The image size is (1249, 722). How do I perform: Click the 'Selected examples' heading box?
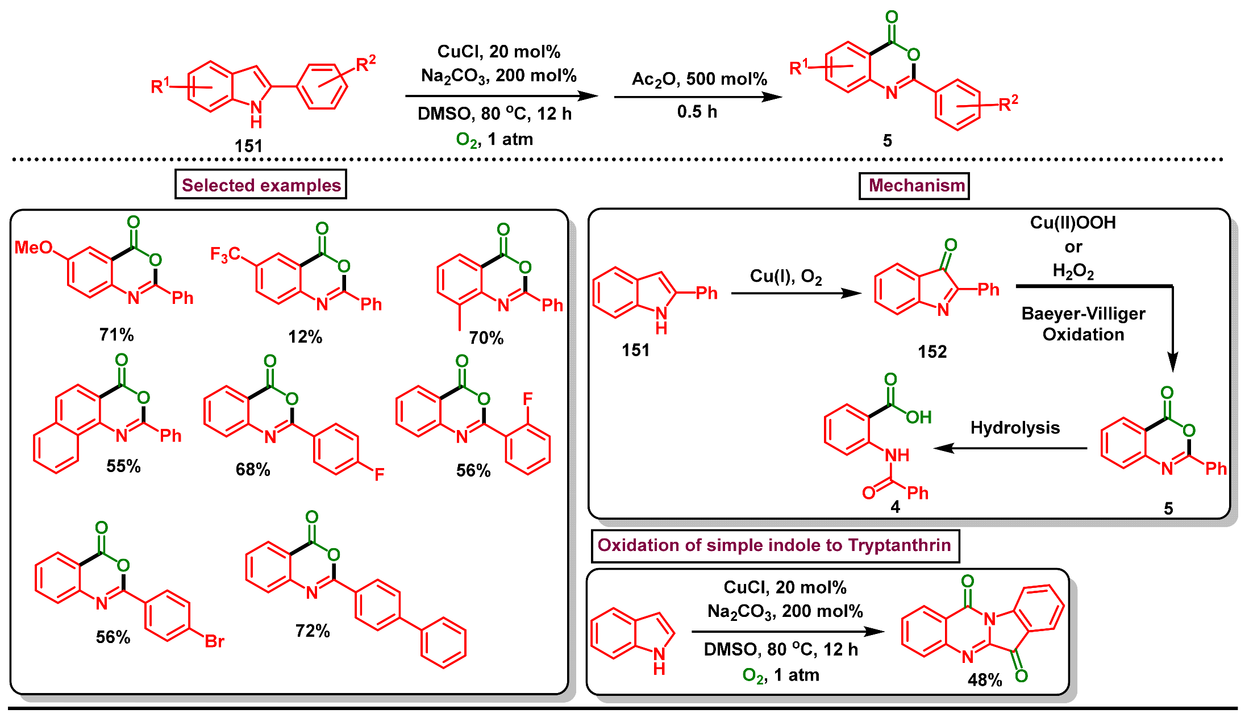tap(261, 185)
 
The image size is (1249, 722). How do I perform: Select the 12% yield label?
tap(305, 337)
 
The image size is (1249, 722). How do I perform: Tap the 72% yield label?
tap(313, 631)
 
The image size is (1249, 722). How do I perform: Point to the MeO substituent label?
tap(33, 247)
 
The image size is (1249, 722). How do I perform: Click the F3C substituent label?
tap(225, 254)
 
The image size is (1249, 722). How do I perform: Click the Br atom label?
tap(214, 641)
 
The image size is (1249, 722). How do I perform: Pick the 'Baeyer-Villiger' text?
tap(1083, 314)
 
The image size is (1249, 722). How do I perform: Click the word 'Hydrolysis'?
tap(1015, 427)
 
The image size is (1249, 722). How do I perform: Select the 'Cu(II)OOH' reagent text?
tap(1073, 222)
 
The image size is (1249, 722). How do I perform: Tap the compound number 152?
tap(932, 352)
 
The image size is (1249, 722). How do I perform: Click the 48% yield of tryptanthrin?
tap(985, 680)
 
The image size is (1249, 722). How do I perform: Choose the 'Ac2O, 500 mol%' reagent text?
tap(699, 79)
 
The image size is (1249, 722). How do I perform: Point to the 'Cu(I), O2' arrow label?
tap(786, 276)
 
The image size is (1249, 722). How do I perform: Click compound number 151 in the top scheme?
tap(248, 146)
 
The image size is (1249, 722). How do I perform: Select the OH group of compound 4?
tap(918, 418)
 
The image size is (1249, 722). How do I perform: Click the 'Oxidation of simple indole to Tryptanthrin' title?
tap(774, 545)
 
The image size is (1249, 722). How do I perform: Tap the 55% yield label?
tap(123, 466)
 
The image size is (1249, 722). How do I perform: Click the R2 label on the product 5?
tap(1008, 103)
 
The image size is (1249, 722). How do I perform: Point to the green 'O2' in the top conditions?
tap(467, 140)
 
